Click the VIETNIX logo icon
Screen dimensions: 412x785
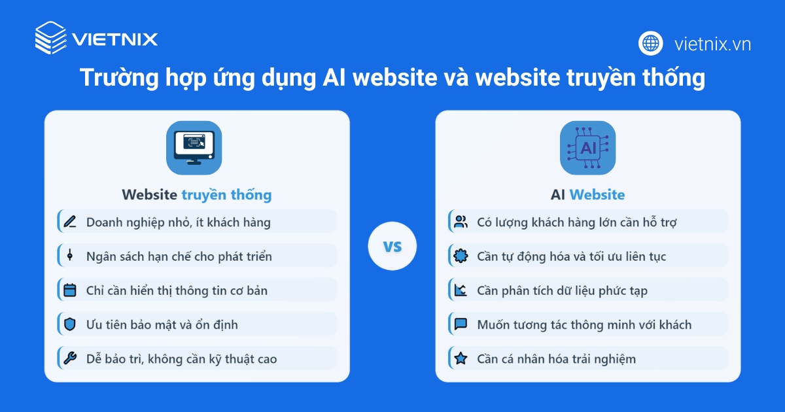click(50, 37)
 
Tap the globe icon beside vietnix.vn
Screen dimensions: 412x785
click(651, 44)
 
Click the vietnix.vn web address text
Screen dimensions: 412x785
click(712, 44)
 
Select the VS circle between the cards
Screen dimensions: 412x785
click(392, 247)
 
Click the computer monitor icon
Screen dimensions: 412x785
click(194, 148)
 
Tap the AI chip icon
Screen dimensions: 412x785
click(587, 148)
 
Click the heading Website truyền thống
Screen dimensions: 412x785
click(196, 194)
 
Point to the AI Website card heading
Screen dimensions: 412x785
click(587, 194)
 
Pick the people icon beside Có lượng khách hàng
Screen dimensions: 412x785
click(461, 222)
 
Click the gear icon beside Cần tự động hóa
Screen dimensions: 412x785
click(461, 256)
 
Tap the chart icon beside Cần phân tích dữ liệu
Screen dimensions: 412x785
click(461, 290)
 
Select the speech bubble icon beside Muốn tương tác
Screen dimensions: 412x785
click(461, 324)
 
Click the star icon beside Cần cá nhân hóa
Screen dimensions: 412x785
click(461, 358)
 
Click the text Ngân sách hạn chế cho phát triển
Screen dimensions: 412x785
click(179, 256)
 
